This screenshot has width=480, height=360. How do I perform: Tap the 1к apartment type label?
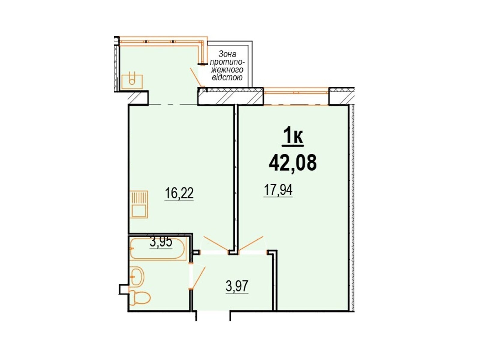(293, 136)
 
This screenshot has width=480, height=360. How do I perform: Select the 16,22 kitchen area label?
(179, 194)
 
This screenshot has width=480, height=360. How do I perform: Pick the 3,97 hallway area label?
(237, 286)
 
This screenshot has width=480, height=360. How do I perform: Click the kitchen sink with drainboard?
(138, 204)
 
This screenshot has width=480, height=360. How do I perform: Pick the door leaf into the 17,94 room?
(251, 244)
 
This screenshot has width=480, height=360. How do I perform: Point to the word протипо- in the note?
(227, 62)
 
